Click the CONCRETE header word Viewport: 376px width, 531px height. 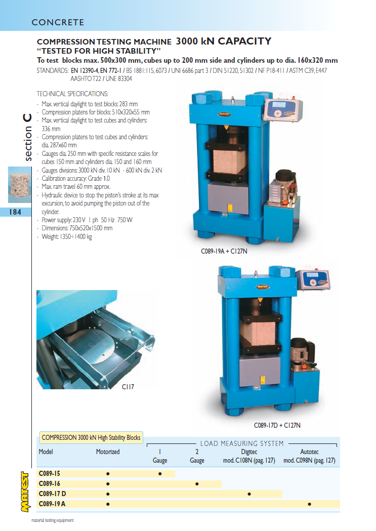(x=58, y=22)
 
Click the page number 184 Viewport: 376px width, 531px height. (x=15, y=212)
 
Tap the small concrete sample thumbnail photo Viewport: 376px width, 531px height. (x=20, y=185)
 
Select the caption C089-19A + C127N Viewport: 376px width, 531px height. (x=224, y=251)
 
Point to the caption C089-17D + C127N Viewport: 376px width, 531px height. (x=277, y=425)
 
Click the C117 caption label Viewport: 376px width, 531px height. (x=128, y=387)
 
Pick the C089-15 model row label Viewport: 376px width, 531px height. (x=50, y=473)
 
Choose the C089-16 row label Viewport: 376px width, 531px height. (x=50, y=483)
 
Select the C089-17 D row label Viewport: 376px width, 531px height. (x=53, y=494)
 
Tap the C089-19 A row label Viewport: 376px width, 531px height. (x=52, y=504)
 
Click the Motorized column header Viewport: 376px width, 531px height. (x=108, y=452)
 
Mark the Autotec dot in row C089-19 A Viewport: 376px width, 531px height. (x=309, y=504)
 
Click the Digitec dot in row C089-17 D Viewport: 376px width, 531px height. (x=249, y=494)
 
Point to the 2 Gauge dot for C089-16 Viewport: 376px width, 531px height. (x=197, y=484)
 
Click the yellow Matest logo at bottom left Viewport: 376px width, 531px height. (x=25, y=492)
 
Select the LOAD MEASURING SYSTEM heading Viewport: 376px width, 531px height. (x=242, y=443)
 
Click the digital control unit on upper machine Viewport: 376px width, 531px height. (x=283, y=109)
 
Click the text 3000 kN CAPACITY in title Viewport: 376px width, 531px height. (x=223, y=41)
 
